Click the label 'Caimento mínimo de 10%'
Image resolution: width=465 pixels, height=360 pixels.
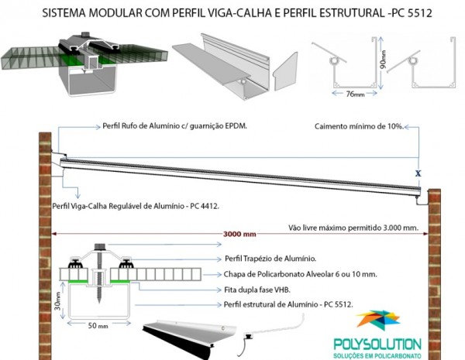pos(358,125)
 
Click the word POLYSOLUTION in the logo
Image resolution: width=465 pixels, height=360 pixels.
pos(379,344)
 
